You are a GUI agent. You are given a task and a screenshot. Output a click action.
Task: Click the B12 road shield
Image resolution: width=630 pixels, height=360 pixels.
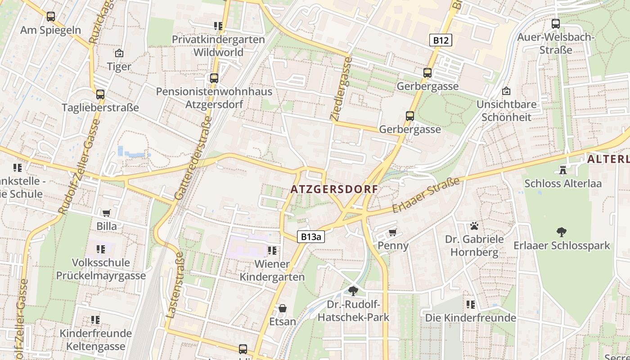(440, 40)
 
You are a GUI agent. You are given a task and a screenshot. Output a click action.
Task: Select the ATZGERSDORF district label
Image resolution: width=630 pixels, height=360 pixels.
(334, 189)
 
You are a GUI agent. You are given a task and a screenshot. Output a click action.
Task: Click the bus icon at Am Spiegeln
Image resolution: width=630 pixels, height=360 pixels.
(51, 17)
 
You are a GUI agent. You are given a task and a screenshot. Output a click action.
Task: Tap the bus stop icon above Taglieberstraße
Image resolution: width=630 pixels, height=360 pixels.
(100, 94)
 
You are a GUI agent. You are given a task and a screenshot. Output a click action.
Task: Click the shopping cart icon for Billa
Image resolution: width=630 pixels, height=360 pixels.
(107, 213)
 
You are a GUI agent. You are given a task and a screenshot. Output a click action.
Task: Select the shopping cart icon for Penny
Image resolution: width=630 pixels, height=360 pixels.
(393, 232)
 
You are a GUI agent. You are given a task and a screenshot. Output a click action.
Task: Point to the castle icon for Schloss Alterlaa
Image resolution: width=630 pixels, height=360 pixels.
(562, 170)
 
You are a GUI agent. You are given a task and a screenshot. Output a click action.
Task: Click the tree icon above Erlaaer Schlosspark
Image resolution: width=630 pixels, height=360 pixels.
(561, 232)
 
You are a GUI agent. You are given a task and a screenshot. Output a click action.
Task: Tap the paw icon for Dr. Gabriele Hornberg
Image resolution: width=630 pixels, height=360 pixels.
(474, 225)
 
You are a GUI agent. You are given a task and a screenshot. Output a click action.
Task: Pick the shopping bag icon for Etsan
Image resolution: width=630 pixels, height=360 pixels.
(283, 308)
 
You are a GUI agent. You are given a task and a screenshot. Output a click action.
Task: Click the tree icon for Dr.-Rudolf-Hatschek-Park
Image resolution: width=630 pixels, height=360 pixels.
(353, 291)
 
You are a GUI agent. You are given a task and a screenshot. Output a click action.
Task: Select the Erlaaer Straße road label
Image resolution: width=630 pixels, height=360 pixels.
(426, 195)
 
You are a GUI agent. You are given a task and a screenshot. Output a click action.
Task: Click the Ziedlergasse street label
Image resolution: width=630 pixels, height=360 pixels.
(341, 88)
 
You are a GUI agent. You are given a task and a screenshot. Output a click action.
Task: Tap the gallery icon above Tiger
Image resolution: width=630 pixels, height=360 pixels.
(119, 53)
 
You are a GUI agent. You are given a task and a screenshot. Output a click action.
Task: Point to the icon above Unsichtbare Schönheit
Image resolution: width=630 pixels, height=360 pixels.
(506, 91)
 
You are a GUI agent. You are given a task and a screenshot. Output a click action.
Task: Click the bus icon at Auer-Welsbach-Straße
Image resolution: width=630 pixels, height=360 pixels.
(556, 24)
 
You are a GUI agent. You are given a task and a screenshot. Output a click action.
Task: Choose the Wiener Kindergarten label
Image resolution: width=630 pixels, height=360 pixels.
(272, 270)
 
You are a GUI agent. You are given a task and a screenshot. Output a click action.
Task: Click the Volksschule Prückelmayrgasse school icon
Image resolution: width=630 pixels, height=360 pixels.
(101, 249)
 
